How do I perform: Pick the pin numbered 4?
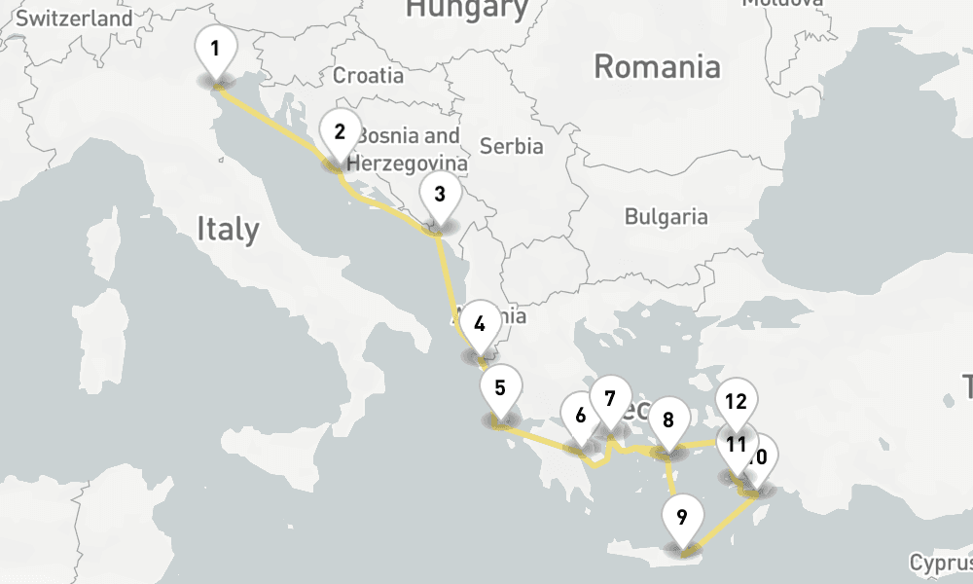[479, 326]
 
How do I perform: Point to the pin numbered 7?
[610, 400]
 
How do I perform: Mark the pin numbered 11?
[735, 447]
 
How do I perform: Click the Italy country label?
[228, 229]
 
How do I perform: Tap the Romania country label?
[657, 67]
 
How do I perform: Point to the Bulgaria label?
[666, 215]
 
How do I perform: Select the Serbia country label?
[511, 147]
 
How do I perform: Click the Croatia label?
[368, 75]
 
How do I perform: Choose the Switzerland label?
[74, 18]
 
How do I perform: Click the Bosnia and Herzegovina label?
[408, 149]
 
